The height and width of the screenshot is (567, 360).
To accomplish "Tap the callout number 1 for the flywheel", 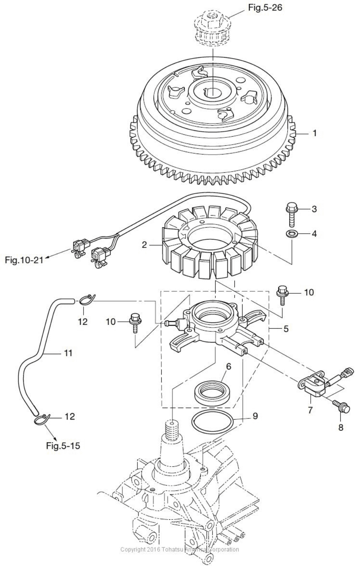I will [x=315, y=133].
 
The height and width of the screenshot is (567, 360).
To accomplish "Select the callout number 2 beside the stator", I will [x=144, y=244].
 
